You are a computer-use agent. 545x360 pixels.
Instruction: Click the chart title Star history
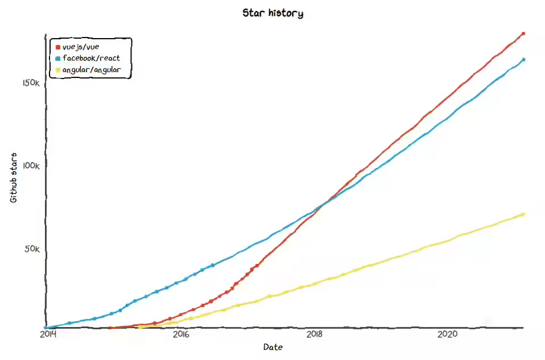[272, 13]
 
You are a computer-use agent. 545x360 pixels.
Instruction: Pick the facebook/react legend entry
[91, 58]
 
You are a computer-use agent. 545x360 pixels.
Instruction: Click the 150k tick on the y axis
[31, 83]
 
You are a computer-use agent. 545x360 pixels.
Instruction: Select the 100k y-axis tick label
[31, 166]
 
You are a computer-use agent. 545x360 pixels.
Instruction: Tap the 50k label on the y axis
[32, 249]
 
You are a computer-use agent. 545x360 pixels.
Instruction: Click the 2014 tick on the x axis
[48, 335]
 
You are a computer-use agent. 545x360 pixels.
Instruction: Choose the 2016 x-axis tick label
[180, 335]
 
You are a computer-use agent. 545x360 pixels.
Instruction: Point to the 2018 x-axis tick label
[314, 335]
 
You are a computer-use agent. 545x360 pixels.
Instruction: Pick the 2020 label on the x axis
[448, 335]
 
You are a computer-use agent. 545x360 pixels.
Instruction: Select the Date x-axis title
[272, 347]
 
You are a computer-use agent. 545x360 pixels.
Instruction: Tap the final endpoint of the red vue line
[523, 34]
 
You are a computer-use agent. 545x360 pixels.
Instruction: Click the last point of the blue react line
[523, 59]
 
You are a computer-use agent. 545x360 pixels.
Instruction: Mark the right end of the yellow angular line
[523, 214]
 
